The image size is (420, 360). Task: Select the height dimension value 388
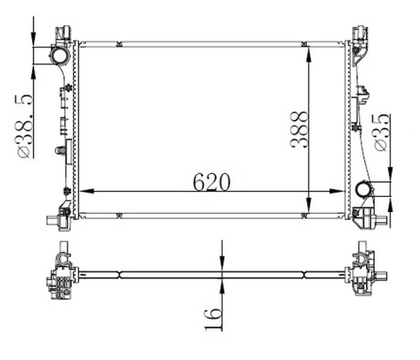pos(299,129)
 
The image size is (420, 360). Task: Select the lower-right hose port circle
pos(365,189)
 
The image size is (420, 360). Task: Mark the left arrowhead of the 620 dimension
pos(84,191)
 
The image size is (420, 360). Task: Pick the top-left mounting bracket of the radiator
pos(63,33)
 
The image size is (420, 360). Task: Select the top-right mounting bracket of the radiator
pos(360,33)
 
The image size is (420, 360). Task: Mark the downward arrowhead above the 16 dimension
pos(223,264)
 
